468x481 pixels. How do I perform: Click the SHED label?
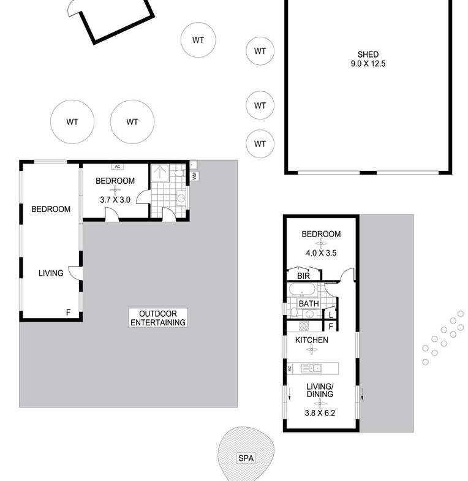click(x=368, y=55)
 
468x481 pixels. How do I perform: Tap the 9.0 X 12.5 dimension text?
click(x=368, y=64)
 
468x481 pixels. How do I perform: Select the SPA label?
click(x=246, y=458)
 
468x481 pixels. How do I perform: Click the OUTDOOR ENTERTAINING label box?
click(x=158, y=318)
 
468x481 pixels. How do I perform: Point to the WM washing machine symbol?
click(x=194, y=176)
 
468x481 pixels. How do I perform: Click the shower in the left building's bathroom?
click(x=160, y=173)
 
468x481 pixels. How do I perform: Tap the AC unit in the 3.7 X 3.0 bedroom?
click(x=118, y=167)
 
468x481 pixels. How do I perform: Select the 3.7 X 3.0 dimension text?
click(x=115, y=200)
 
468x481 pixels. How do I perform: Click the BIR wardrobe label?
click(x=303, y=276)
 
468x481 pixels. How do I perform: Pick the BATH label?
click(x=309, y=304)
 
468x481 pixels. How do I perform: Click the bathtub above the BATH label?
click(x=301, y=290)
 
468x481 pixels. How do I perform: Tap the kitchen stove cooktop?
click(x=304, y=326)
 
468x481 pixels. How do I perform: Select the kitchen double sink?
click(x=312, y=368)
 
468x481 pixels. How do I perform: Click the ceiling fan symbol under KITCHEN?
click(x=312, y=349)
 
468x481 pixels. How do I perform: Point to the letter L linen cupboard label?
click(x=331, y=315)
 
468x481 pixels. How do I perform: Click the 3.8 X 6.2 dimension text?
click(x=320, y=413)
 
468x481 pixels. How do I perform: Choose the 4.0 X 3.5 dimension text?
click(x=321, y=253)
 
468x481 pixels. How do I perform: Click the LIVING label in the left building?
click(x=51, y=273)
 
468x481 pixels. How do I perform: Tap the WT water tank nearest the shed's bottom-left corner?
click(x=260, y=144)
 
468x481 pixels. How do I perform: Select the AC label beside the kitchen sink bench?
click(x=290, y=368)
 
